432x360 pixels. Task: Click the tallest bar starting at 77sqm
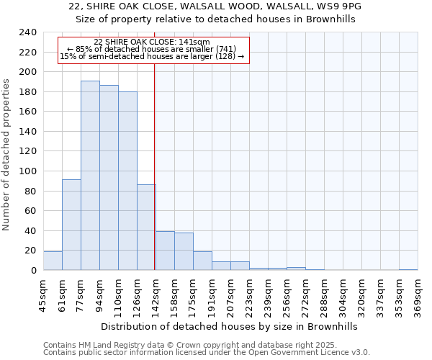tap(90, 176)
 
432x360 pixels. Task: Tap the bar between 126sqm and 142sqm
tap(146, 228)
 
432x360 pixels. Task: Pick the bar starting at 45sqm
tap(53, 261)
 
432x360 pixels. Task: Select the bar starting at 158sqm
tap(184, 251)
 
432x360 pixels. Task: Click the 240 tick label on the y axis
tap(28, 32)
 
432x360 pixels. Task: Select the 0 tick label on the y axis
tap(33, 271)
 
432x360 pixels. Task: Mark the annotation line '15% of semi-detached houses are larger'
tap(152, 56)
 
